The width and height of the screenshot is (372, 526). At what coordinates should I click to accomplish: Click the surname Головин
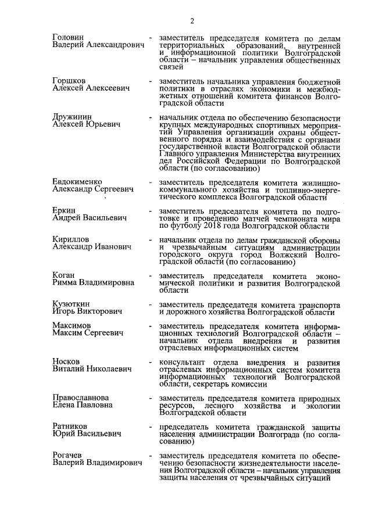pyautogui.click(x=68, y=37)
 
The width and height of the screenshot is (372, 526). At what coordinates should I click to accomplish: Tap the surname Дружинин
pyautogui.click(x=71, y=116)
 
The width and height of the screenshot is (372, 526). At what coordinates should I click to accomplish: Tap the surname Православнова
pyautogui.click(x=82, y=398)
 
